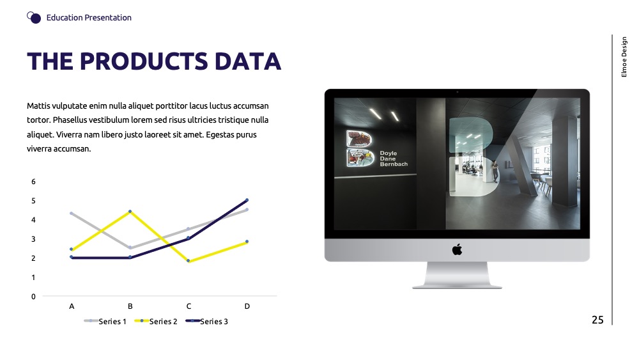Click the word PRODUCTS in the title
click(x=144, y=61)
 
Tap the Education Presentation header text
click(x=89, y=17)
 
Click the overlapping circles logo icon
click(x=34, y=17)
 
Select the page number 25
click(x=597, y=320)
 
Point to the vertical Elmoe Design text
click(x=624, y=57)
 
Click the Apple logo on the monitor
click(x=458, y=249)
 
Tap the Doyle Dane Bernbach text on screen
click(x=394, y=159)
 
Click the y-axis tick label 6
click(x=33, y=182)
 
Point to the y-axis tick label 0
click(x=33, y=297)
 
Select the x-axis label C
click(x=189, y=306)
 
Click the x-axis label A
click(x=72, y=306)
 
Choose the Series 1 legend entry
click(x=105, y=321)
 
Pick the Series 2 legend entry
click(x=156, y=321)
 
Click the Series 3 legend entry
click(x=206, y=321)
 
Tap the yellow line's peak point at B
click(x=130, y=211)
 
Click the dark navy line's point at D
click(x=247, y=200)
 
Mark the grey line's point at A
click(x=72, y=213)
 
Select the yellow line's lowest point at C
click(x=189, y=261)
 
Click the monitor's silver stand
click(x=458, y=275)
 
